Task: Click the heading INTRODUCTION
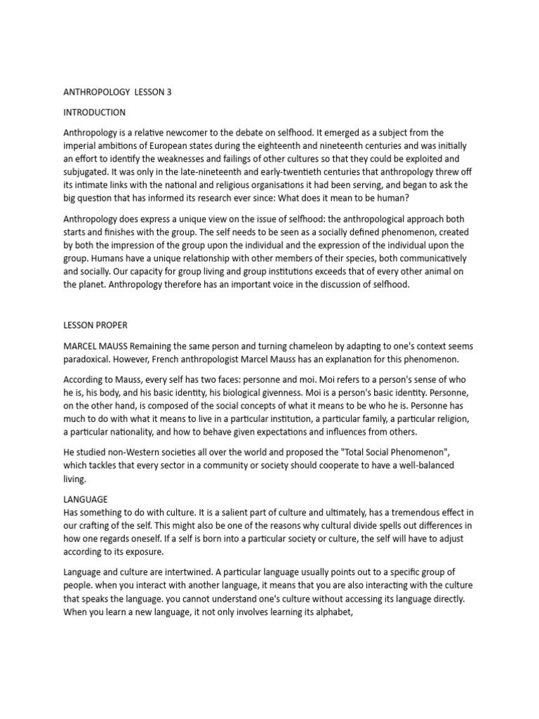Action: click(95, 112)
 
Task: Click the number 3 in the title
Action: click(168, 92)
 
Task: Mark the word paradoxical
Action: click(88, 359)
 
